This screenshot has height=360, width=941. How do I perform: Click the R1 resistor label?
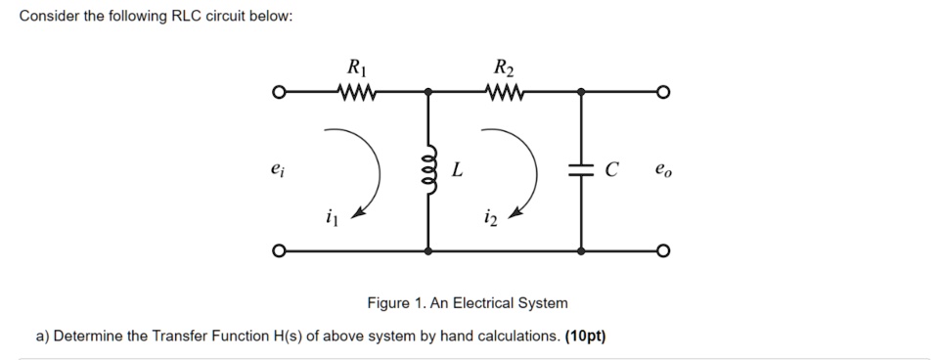click(353, 68)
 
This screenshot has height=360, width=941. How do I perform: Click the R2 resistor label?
click(504, 68)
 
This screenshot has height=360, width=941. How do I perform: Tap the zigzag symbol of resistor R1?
click(354, 93)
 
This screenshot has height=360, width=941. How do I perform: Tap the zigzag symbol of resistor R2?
click(506, 93)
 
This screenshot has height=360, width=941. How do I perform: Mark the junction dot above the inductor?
click(428, 93)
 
